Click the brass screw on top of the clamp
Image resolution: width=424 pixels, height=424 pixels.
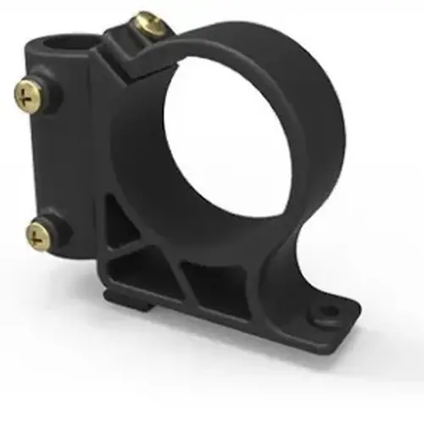[x=151, y=23]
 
